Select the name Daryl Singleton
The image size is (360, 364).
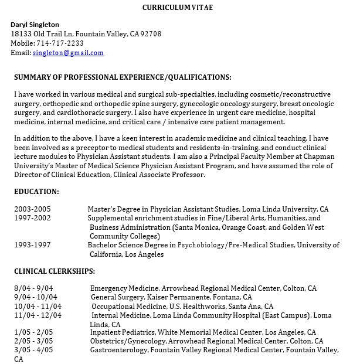click(35, 25)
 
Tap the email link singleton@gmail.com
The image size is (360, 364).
click(68, 53)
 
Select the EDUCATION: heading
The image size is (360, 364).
click(36, 192)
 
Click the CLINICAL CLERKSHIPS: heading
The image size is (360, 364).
click(55, 271)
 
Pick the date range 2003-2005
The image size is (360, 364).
click(32, 209)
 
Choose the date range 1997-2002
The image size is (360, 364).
click(32, 218)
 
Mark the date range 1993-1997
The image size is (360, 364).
click(32, 245)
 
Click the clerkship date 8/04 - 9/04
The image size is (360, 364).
click(33, 288)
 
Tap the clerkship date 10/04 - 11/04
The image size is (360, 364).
click(38, 307)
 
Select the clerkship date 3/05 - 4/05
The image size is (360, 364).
click(33, 350)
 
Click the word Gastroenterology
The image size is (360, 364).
click(118, 350)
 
